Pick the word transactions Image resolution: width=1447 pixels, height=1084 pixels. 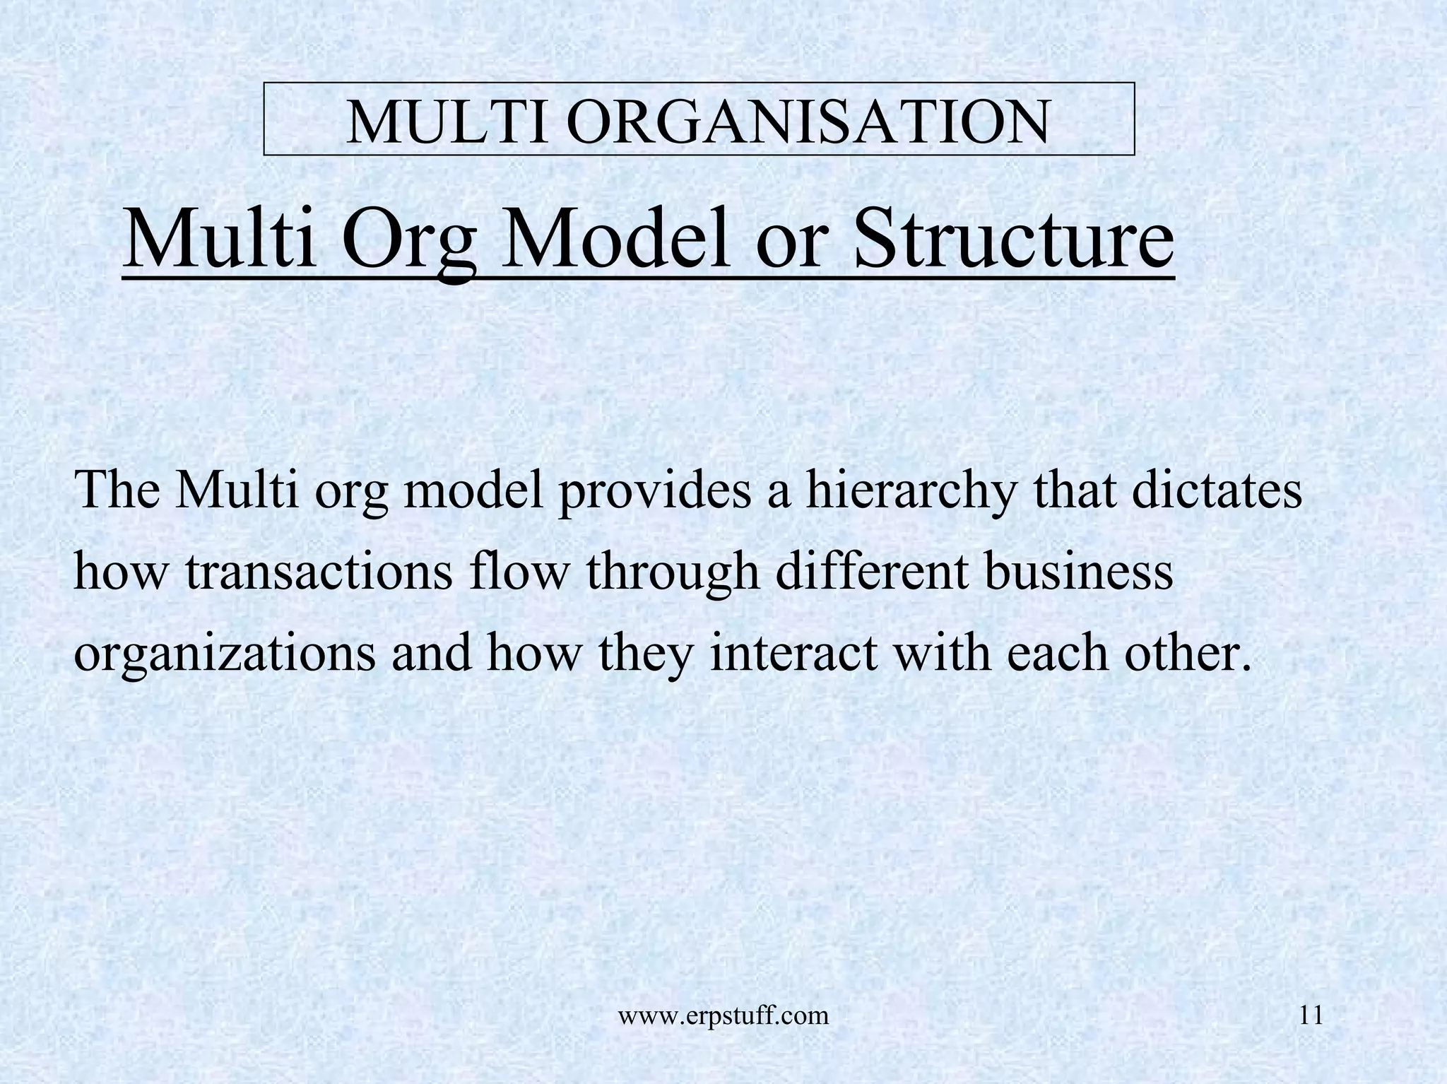(x=319, y=572)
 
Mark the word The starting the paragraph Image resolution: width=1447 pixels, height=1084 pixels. (x=117, y=489)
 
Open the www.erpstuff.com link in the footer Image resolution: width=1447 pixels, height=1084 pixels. (x=723, y=1016)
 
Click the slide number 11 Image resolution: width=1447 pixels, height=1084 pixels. (x=1311, y=1015)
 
